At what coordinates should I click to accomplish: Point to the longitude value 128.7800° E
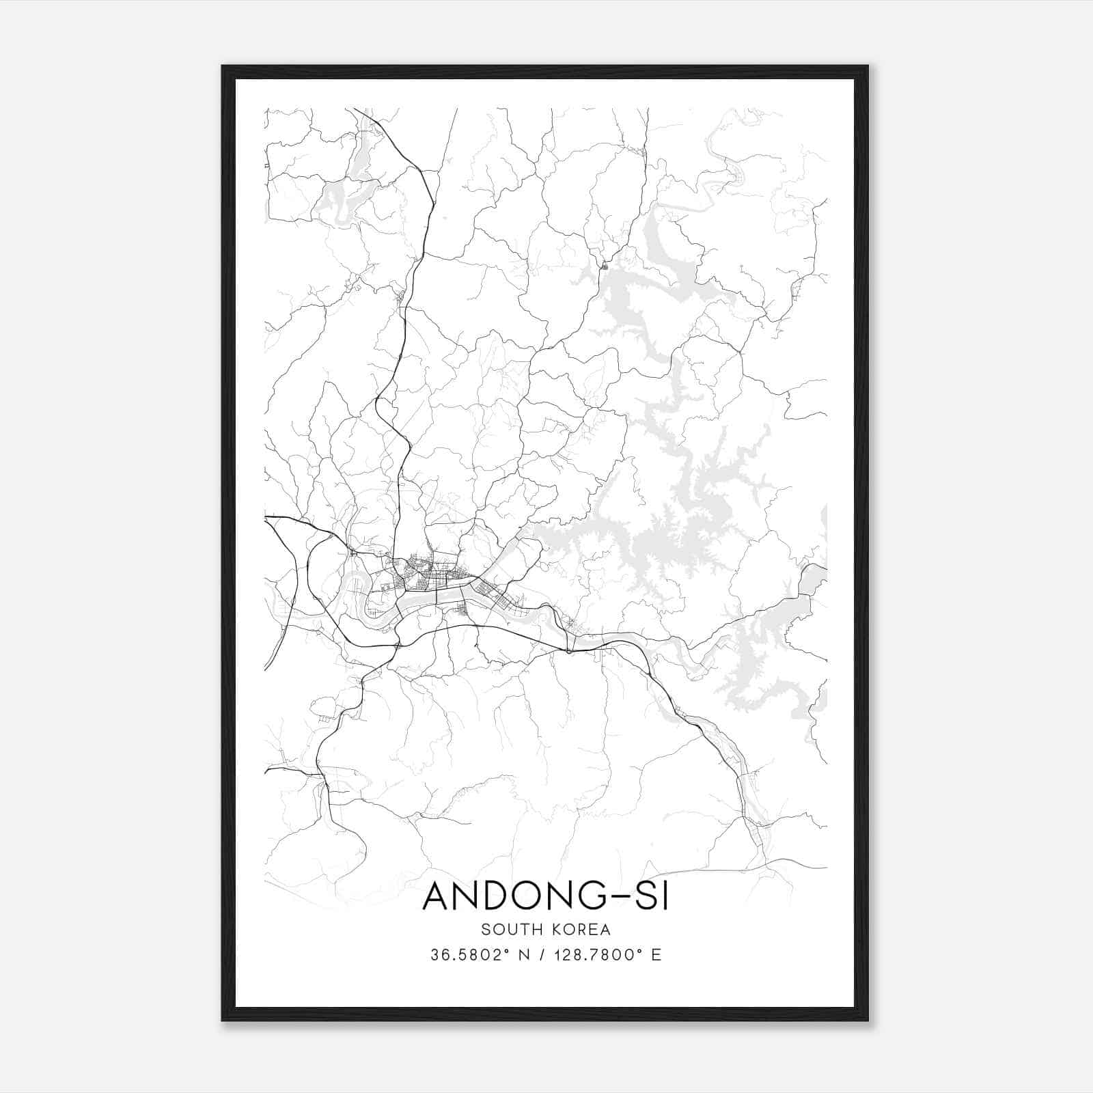click(607, 955)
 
